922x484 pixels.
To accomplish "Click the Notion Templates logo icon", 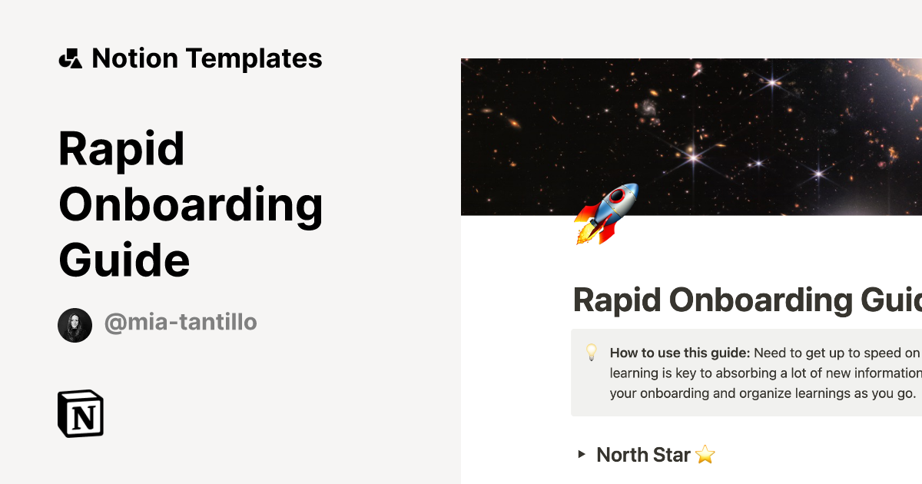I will coord(70,58).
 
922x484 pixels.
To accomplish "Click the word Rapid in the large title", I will coord(121,149).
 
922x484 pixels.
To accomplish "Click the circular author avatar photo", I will coord(75,325).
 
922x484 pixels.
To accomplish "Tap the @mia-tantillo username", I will coord(181,323).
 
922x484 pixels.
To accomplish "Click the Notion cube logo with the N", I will coord(81,414).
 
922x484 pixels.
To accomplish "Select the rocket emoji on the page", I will coord(605,214).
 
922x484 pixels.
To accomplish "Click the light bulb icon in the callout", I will coord(592,353).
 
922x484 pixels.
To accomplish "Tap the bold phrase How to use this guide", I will coord(679,353).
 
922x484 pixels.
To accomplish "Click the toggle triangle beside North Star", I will coord(582,455).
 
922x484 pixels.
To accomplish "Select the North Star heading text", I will coord(643,455).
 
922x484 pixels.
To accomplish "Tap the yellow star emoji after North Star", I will coord(705,455).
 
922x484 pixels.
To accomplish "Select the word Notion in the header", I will coord(134,58).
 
